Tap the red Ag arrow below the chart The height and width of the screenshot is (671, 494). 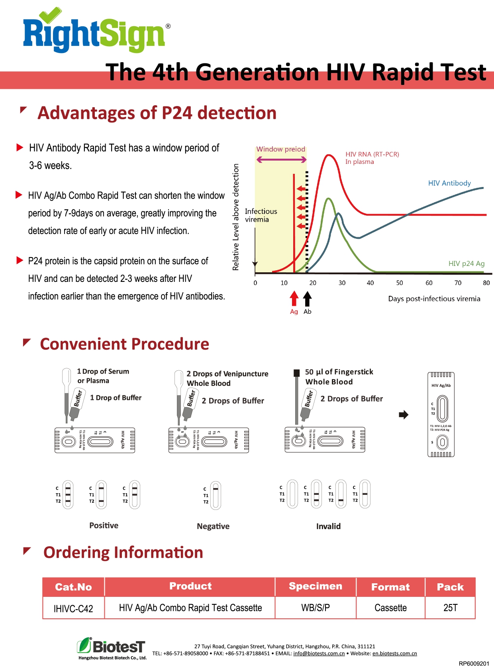(294, 299)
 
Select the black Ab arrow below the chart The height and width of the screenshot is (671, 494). (307, 299)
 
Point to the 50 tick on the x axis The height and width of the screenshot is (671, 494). (399, 283)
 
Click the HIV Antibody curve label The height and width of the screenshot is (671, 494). (449, 183)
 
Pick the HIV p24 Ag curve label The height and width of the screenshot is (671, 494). (466, 264)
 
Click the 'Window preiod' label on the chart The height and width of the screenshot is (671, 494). (280, 149)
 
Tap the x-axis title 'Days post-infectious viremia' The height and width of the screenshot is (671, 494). (434, 299)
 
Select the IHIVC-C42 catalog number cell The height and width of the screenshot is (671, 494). (73, 608)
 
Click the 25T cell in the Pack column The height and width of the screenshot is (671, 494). (450, 608)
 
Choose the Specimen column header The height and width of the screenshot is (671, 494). (315, 586)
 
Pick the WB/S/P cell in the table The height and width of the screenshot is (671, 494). (315, 608)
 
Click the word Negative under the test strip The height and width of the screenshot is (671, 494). (213, 526)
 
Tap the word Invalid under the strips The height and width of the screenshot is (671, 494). (328, 526)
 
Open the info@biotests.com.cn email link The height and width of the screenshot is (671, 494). (319, 653)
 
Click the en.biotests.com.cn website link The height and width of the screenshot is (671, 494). (394, 653)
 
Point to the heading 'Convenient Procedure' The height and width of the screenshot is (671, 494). (124, 344)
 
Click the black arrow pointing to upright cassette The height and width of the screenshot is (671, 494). (404, 415)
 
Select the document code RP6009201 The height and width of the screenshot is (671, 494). (474, 663)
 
